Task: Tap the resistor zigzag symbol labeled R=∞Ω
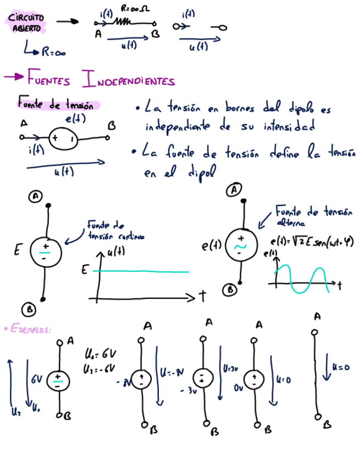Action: coord(122,23)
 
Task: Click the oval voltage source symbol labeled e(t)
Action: coord(64,138)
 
